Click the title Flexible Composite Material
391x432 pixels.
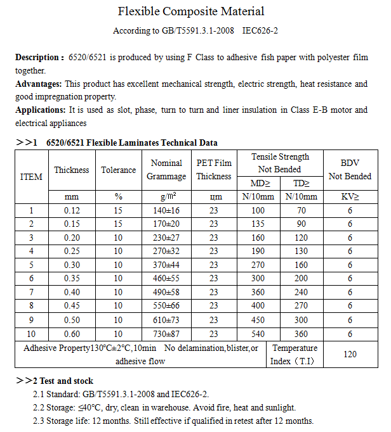(191, 11)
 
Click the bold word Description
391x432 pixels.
(39, 57)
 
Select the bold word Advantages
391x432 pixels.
(38, 84)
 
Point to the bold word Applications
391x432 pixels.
(40, 110)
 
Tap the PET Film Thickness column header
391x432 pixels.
(214, 170)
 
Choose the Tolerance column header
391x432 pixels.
(119, 170)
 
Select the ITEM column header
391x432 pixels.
(32, 177)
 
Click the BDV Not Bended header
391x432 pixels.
(350, 170)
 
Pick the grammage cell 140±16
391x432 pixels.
(166, 211)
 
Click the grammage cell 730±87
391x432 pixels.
(166, 334)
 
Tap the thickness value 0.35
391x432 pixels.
(72, 279)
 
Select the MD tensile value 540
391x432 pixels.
(258, 334)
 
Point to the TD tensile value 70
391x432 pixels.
(301, 211)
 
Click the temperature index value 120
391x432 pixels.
(350, 355)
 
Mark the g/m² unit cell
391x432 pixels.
(166, 197)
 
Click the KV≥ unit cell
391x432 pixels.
(350, 197)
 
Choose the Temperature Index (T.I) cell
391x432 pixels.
(295, 355)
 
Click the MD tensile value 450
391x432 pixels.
(258, 320)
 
